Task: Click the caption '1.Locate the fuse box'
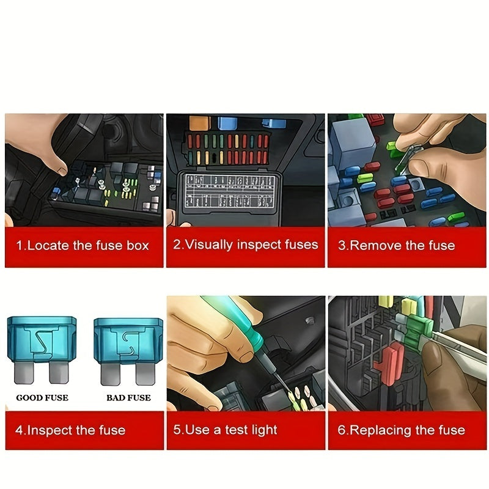point(82,246)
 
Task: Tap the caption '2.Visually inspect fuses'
point(245,245)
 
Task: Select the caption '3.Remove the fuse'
point(397,246)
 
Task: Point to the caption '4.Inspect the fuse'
point(70,430)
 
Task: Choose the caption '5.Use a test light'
point(225,430)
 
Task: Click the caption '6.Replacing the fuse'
point(401,430)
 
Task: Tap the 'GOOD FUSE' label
point(42,398)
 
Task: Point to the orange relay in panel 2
point(199,123)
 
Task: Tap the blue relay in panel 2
point(227,123)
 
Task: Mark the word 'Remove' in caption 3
point(375,246)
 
